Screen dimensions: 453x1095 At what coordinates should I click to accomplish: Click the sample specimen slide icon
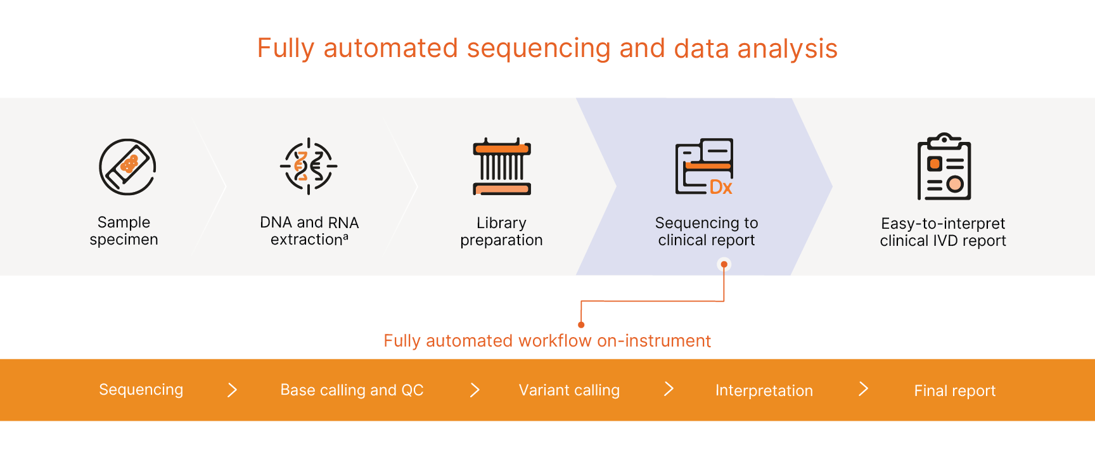127,167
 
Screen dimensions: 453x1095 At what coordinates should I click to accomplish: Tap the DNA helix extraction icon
309,166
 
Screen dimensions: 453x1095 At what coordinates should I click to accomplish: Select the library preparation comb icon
502,167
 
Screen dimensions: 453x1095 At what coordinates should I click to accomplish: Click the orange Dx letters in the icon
720,187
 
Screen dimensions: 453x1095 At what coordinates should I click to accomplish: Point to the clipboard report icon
944,167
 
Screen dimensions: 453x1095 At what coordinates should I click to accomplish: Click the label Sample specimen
124,231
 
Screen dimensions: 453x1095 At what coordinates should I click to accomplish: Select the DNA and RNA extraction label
309,231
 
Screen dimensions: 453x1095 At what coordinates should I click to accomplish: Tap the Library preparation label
501,231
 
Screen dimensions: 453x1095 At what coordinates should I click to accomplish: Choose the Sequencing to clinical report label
707,231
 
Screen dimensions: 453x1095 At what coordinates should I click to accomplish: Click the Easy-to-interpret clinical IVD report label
943,232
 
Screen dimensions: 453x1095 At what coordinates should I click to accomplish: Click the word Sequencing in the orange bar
141,390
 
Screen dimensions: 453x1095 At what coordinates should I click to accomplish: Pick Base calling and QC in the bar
352,390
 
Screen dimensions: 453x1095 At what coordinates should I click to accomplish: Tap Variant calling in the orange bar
569,390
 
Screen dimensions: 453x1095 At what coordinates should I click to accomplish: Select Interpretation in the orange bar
764,391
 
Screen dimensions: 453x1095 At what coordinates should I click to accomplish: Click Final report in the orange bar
954,391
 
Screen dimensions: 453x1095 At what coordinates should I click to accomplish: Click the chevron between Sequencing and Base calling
233,390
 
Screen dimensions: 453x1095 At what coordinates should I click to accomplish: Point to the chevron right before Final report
863,389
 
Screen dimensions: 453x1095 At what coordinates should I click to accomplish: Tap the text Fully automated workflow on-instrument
547,341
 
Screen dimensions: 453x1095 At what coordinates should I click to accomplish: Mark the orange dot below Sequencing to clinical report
724,264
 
